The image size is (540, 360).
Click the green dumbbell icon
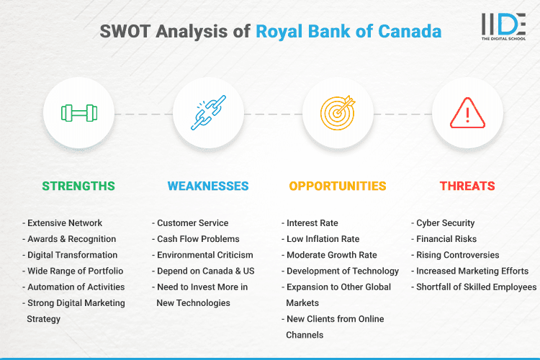78,114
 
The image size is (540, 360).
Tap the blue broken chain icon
208,114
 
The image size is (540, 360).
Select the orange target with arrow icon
338,114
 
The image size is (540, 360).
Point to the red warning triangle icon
467,114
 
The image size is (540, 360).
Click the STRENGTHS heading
78,186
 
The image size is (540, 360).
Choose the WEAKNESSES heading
208,186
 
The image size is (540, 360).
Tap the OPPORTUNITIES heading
338,186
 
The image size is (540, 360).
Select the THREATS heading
467,186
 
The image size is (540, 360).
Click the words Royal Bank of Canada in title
348,32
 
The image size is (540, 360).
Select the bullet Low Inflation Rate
323,239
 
